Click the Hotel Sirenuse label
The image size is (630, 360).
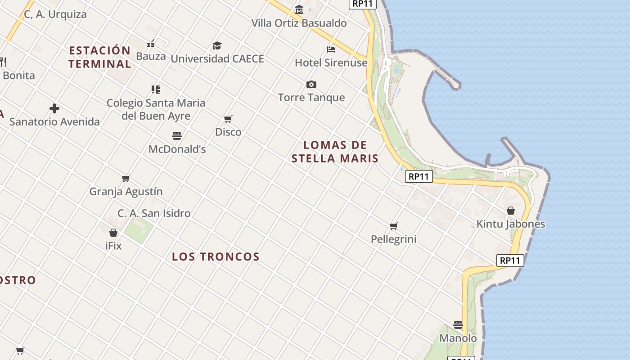click(331, 63)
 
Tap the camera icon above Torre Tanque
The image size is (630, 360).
click(311, 84)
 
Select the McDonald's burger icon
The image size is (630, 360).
click(177, 135)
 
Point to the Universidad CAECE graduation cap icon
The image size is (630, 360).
click(217, 45)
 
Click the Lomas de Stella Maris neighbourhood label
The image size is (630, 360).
click(335, 152)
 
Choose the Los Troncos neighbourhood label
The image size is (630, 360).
click(216, 256)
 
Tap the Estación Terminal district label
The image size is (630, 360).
click(100, 57)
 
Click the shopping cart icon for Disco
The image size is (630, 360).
click(228, 119)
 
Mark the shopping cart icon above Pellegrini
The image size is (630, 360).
click(394, 226)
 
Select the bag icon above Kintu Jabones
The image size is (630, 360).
click(511, 211)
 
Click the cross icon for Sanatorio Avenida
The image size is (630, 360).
click(54, 108)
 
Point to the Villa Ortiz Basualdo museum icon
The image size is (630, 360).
click(299, 9)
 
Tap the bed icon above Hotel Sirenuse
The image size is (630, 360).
click(331, 49)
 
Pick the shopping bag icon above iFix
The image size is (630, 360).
click(113, 233)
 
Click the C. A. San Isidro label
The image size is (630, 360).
click(154, 213)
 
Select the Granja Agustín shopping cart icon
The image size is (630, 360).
click(126, 178)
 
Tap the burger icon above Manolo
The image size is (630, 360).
click(458, 324)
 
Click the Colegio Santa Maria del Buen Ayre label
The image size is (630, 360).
click(156, 109)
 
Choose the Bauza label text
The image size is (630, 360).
click(151, 57)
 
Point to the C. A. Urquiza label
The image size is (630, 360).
click(55, 14)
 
